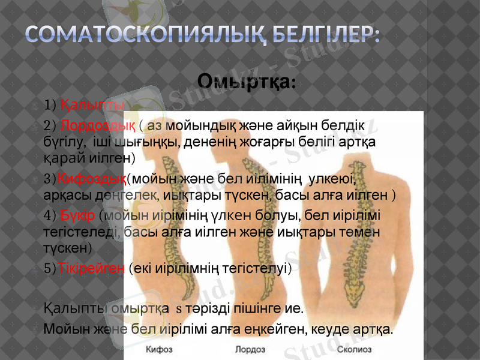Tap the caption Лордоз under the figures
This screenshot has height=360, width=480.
tap(247, 349)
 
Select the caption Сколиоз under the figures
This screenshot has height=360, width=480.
tap(354, 349)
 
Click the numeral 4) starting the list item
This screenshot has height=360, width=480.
tap(50, 214)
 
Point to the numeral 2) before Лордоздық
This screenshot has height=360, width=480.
tap(50, 125)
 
